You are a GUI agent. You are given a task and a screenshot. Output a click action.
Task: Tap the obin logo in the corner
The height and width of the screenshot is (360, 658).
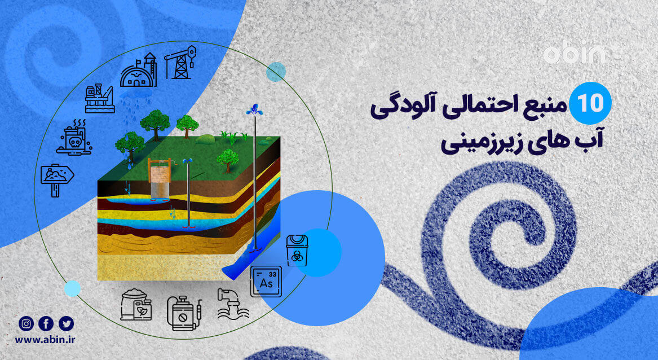tap(574, 54)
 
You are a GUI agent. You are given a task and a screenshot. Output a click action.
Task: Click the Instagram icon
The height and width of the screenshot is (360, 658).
tap(26, 323)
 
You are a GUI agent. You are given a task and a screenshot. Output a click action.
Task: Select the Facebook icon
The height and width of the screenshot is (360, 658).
tap(46, 323)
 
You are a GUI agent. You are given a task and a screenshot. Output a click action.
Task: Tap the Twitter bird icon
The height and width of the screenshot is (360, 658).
tap(67, 323)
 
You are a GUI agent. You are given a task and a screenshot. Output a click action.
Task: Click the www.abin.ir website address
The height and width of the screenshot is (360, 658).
tap(46, 340)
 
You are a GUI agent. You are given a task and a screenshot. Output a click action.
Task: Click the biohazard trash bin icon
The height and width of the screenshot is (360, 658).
tap(297, 250)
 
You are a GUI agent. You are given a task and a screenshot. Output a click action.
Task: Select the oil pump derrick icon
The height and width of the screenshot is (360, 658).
tap(180, 62)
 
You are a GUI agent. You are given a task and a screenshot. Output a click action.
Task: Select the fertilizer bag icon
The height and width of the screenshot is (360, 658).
tap(136, 305)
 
